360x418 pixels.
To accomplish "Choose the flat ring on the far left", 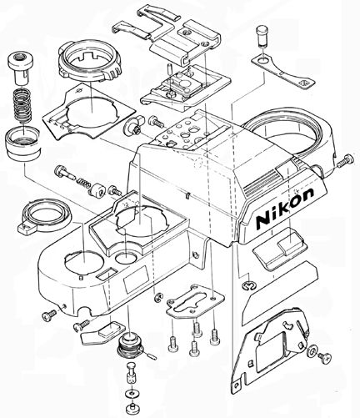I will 40,214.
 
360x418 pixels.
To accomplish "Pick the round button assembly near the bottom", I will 131,345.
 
